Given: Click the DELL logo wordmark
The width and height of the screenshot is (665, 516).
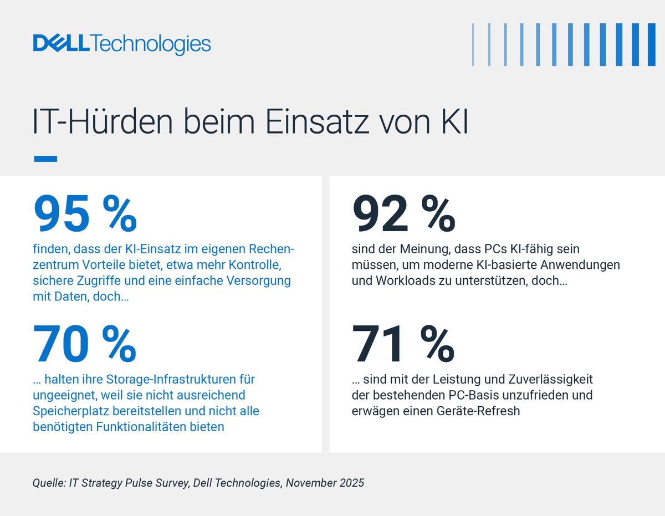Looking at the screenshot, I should coord(61,43).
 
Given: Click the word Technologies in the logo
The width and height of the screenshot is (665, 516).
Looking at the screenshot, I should coord(151,44).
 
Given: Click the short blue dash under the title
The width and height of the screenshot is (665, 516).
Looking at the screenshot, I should coord(45,159).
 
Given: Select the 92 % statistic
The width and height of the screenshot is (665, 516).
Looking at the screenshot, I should coord(404,215).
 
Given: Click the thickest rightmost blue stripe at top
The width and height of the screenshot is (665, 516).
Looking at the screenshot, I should coord(652,44).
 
